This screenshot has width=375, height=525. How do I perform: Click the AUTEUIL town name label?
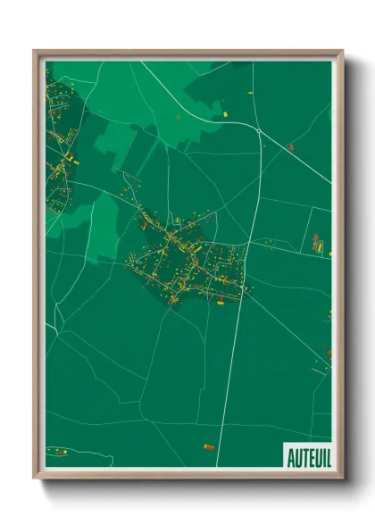pos(307,457)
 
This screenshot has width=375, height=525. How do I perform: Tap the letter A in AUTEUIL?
pos(291,457)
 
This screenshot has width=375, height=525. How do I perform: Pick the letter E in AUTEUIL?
pos(309,457)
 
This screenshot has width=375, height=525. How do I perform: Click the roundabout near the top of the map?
pos(258,131)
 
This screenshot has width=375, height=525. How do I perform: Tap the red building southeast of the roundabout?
pos(290,146)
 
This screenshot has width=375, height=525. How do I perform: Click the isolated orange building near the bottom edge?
pos(209,446)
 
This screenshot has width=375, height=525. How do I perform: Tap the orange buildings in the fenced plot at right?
pos(317,241)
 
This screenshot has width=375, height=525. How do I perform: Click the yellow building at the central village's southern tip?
pos(220,302)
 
